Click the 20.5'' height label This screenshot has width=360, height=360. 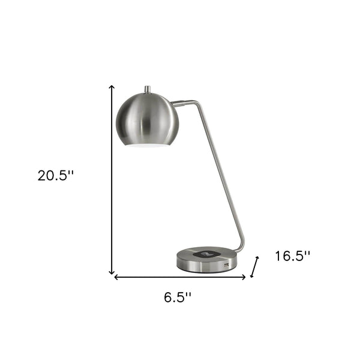pyautogui.click(x=55, y=176)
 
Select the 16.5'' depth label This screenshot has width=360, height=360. pyautogui.click(x=292, y=256)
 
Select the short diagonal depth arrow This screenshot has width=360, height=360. pyautogui.click(x=255, y=266)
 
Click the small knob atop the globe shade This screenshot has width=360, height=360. pyautogui.click(x=148, y=89)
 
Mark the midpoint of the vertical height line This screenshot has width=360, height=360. pyautogui.click(x=112, y=180)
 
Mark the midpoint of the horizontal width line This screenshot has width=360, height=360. pyautogui.click(x=180, y=277)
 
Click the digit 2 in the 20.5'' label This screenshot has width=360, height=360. pyautogui.click(x=42, y=176)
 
